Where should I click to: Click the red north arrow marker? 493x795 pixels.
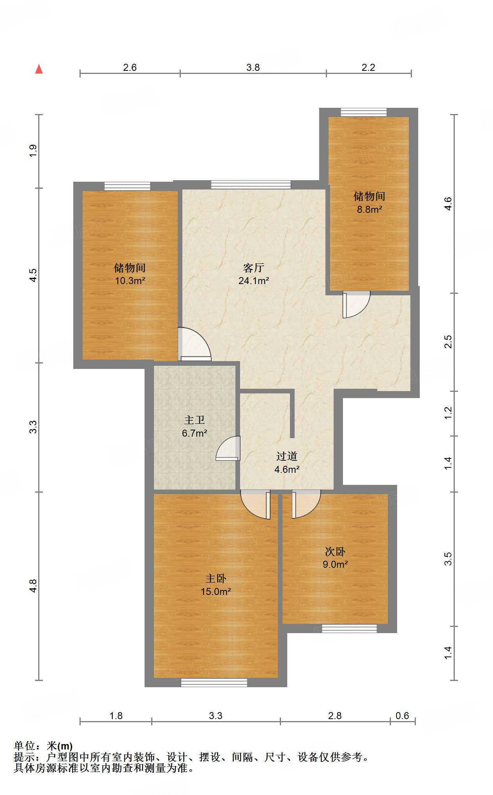coord(39,69)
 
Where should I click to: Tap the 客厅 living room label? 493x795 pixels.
coord(253,268)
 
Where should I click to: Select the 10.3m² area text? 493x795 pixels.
coord(130,281)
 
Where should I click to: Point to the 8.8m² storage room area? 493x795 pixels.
coord(369,209)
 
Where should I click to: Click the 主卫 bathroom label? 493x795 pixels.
coord(194,420)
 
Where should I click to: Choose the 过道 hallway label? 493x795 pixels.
coord(286,456)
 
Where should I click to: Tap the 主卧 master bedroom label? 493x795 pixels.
coord(216,579)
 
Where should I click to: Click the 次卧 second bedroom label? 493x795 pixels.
coord(335,551)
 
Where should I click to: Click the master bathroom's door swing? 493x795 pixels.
coord(229,449)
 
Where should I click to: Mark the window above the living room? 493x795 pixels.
coord(251,184)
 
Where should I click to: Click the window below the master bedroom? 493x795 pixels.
coord(214,682)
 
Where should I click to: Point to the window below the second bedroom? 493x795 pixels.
coord(349,628)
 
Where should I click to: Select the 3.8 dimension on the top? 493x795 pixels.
coord(253,67)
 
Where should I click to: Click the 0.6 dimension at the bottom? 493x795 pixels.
coord(402,716)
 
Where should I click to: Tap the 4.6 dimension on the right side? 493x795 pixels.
coord(448,204)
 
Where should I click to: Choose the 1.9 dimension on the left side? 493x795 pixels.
coord(34,151)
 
